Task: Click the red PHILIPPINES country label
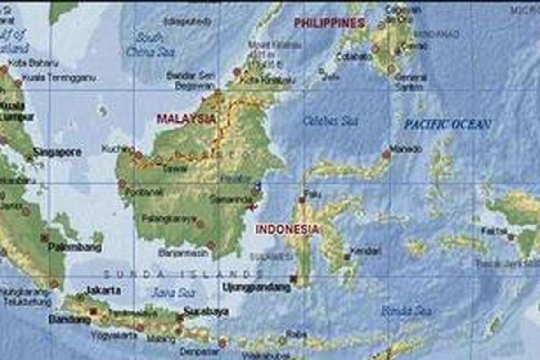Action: pos(329,23)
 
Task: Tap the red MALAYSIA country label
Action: pos(186,119)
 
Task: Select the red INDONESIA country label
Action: pos(287,229)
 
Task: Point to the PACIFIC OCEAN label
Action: pos(447,124)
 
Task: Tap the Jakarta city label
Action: pos(103,290)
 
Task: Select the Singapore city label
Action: pos(57,152)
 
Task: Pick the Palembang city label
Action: pos(75,247)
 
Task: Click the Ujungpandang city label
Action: pos(256,287)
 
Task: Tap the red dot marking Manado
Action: pos(387,155)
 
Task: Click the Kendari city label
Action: pos(365,251)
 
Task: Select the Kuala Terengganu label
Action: pos(59,77)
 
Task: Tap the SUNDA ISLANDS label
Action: pos(183,274)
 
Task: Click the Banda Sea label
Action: pos(406,310)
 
